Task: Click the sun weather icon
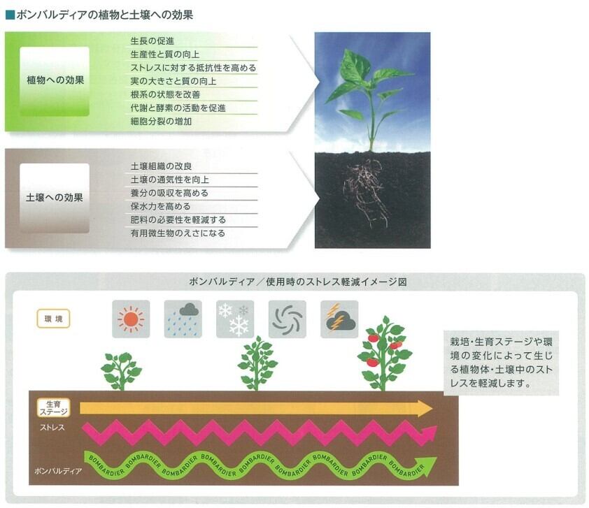click(x=131, y=320)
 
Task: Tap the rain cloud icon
click(x=183, y=320)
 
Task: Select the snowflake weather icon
click(x=234, y=320)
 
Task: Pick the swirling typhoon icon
click(x=287, y=320)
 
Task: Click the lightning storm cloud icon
click(x=339, y=320)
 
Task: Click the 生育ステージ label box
click(x=53, y=408)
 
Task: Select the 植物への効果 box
click(x=55, y=80)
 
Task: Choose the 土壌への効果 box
click(x=55, y=198)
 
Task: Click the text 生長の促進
click(x=152, y=41)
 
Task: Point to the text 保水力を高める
click(x=161, y=207)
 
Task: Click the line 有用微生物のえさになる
click(x=178, y=233)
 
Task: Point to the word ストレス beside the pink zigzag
click(x=52, y=426)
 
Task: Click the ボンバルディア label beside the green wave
click(x=57, y=472)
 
